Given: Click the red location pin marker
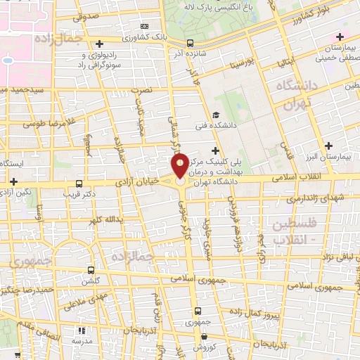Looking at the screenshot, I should (x=180, y=167).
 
